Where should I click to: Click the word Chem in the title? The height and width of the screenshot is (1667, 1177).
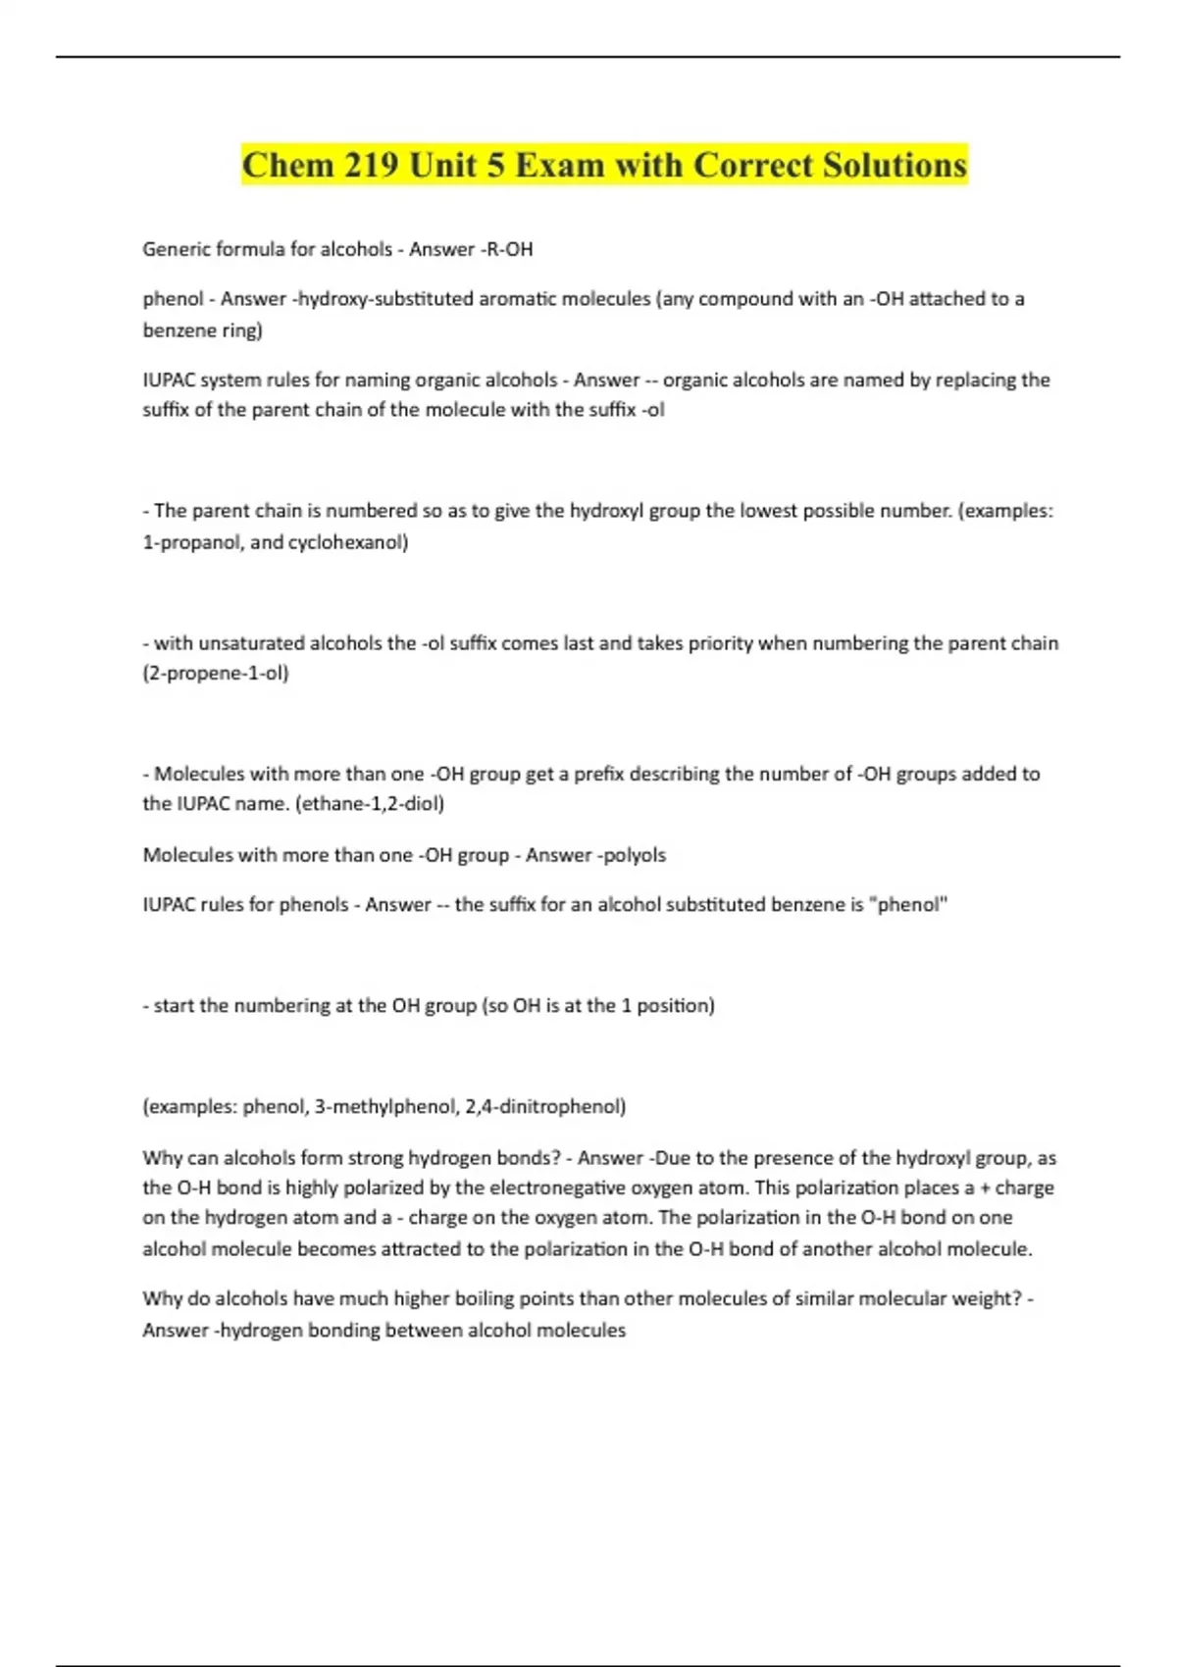coord(285,165)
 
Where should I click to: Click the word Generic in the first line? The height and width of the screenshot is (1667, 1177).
coord(175,249)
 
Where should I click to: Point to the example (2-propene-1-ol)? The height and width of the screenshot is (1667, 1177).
coord(216,673)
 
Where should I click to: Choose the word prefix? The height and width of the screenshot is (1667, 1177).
coord(591,774)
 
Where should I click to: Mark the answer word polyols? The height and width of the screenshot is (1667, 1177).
coord(634,854)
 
